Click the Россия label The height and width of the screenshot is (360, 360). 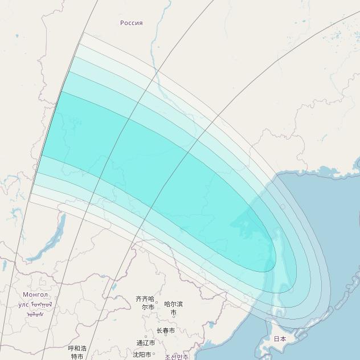131,23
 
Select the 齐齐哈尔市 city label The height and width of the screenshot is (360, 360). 145,302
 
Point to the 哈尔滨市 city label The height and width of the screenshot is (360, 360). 173,308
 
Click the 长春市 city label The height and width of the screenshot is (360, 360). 165,330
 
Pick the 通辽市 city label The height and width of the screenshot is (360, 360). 145,343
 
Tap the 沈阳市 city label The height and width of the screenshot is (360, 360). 142,354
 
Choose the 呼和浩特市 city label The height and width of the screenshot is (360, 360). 77,352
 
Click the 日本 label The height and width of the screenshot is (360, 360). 280,338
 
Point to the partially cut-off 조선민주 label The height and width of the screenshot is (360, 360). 177,357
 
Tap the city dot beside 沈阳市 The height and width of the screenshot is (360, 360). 154,354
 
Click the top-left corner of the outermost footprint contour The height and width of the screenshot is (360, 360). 84,32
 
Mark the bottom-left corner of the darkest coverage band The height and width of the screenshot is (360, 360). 41,156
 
